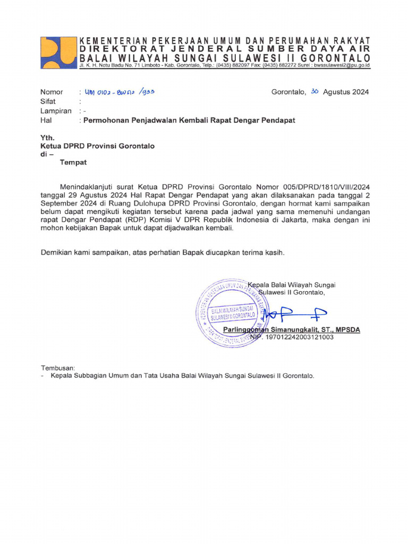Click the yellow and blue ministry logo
tap(58, 52)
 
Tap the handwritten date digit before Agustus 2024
tap(314, 91)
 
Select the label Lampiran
tap(55, 110)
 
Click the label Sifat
tap(48, 101)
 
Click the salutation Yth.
tap(48, 137)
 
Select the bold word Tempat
tap(73, 163)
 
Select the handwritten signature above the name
tap(295, 314)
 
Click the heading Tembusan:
tap(58, 368)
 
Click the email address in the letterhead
tap(341, 65)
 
